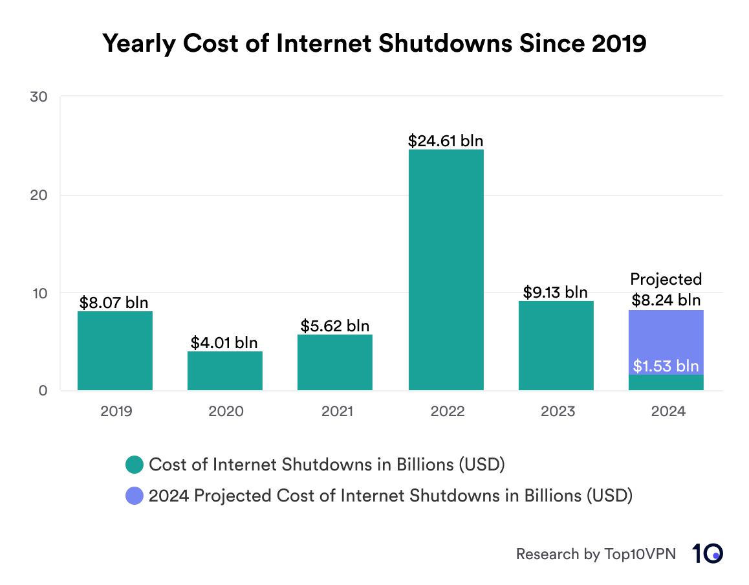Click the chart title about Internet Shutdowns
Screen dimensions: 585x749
coord(374,43)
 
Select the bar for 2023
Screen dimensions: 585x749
coord(556,346)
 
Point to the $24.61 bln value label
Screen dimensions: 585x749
coord(446,140)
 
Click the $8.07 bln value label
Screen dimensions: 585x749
coord(114,302)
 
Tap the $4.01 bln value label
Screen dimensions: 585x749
coord(224,342)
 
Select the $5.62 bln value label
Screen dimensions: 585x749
coord(335,326)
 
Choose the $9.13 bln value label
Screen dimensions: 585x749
coord(556,292)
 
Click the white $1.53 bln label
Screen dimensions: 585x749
coord(666,366)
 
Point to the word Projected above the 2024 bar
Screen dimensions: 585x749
coord(666,280)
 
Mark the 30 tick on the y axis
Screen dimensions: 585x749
coord(38,97)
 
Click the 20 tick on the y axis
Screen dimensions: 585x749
coord(38,195)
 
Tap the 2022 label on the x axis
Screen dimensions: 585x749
coord(446,411)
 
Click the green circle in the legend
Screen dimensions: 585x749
coord(135,465)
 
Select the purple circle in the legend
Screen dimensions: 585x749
coord(135,496)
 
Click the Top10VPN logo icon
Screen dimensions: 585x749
coord(708,554)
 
